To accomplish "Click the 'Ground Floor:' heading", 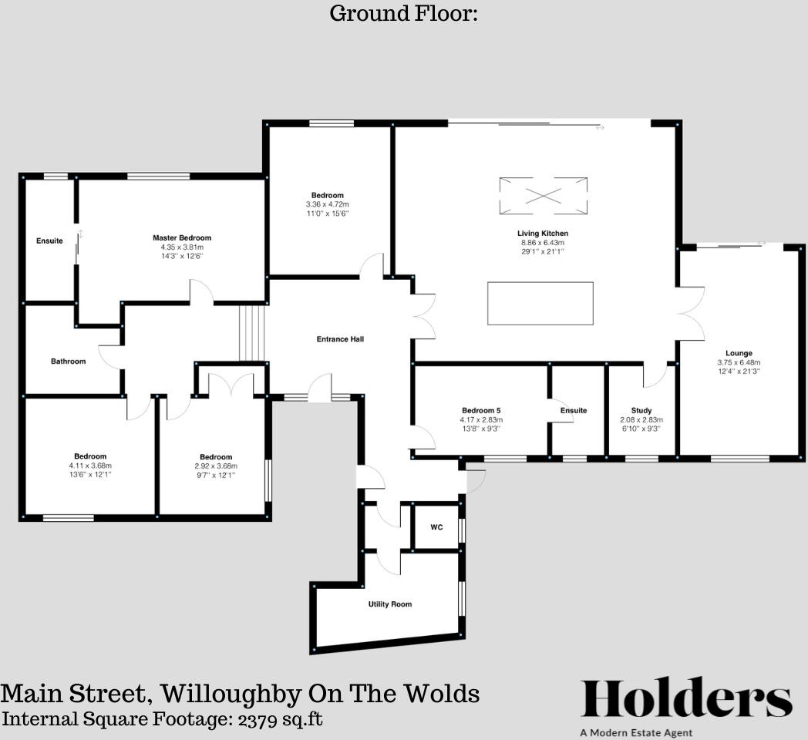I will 404,14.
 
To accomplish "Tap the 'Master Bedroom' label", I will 182,238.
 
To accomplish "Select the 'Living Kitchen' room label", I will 543,234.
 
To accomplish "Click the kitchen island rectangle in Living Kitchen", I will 540,304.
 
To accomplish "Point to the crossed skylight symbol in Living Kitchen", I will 543,196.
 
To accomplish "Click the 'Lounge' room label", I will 739,354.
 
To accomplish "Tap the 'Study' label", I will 641,411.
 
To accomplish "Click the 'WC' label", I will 436,528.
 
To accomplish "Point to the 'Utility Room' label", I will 390,604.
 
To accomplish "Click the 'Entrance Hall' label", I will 340,339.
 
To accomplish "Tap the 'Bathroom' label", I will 69,362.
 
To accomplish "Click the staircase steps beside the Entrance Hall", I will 252,333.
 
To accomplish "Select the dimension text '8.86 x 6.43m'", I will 543,243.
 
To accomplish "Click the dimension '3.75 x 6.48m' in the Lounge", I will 739,362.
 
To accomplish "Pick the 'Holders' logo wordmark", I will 686,698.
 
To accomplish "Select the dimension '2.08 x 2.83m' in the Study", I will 641,419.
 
